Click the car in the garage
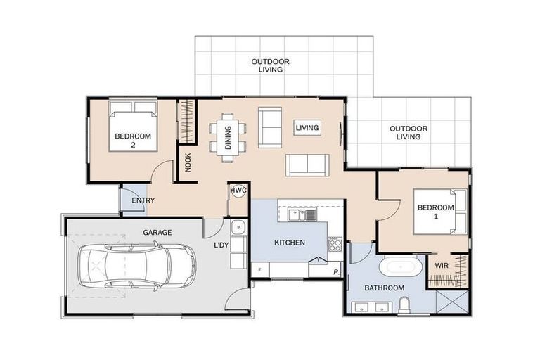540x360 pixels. (x=135, y=265)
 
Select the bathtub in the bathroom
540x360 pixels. (x=401, y=268)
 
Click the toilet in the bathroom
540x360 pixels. (x=404, y=304)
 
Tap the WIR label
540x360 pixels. (x=442, y=266)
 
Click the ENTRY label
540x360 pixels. (x=143, y=200)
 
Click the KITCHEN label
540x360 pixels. (x=289, y=243)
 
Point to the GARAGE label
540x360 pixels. (x=157, y=231)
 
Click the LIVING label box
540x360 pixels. (x=307, y=128)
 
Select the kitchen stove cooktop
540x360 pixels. (x=335, y=244)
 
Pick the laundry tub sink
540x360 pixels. (x=239, y=227)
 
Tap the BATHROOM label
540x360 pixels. (x=384, y=288)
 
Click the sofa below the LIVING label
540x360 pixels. (x=307, y=165)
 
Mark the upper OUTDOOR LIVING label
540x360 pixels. (x=271, y=65)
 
